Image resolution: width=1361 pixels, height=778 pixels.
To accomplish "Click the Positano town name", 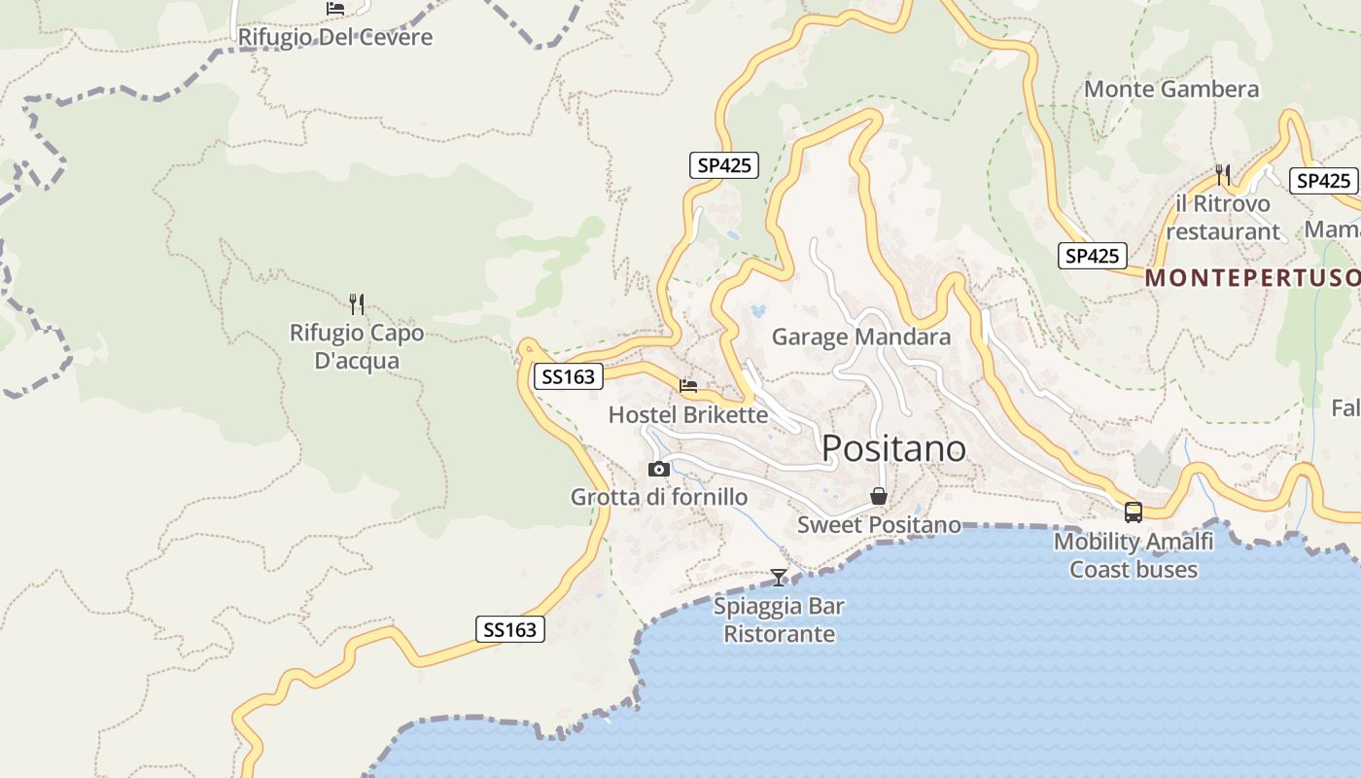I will coord(893,448).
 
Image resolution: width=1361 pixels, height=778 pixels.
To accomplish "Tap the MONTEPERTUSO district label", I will coord(1252,278).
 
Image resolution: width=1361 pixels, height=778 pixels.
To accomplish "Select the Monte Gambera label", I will coord(1170,89).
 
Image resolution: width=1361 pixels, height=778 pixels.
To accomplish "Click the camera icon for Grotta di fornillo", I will coord(658,470).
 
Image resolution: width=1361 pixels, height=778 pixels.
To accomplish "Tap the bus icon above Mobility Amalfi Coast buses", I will coord(1133,513).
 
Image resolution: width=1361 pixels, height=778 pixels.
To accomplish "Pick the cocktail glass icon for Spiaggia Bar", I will coord(778,578).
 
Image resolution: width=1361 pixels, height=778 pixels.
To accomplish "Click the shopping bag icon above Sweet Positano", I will coord(879,496).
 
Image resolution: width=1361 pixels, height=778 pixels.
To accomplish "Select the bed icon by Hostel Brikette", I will coord(688,386).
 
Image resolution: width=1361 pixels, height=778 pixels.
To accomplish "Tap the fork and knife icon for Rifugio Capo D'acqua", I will coord(357,304).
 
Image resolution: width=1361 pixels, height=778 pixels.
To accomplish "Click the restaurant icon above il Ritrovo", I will coord(1223,175).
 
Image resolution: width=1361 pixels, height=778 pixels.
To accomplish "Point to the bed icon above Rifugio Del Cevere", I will coord(335,9).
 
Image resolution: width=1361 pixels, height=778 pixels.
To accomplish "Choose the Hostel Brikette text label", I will coord(687,415).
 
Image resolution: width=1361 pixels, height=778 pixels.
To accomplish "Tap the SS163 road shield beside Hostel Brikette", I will coord(568,376).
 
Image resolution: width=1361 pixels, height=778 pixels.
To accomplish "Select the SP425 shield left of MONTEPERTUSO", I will coord(1092,256).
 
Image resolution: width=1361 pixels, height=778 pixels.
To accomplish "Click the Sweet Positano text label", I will coord(879,525).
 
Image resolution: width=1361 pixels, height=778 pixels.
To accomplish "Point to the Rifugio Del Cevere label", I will coord(335,37).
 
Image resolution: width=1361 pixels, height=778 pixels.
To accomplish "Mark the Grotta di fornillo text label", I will coord(659,498).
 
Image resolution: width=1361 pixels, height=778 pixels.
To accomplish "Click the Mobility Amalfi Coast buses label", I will coord(1134,555).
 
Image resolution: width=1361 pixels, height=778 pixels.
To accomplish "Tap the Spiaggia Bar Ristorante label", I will coord(779,620).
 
